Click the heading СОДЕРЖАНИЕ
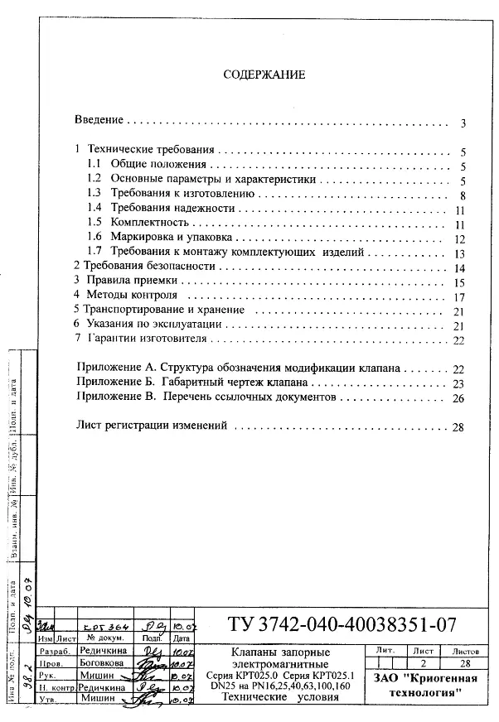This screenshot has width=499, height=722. (264, 75)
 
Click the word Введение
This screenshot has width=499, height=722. (99, 120)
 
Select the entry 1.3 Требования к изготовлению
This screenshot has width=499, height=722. (177, 194)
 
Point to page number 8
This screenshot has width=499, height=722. (463, 195)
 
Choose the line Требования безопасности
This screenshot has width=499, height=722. (144, 267)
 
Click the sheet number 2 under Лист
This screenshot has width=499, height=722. (424, 663)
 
